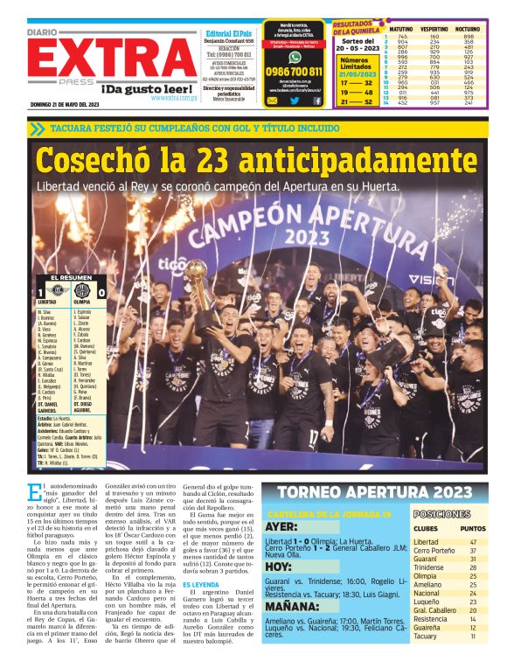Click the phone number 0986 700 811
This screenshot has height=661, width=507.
[294, 72]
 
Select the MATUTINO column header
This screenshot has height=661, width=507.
[401, 29]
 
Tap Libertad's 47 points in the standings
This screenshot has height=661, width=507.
[473, 543]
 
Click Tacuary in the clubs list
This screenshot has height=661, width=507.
[427, 637]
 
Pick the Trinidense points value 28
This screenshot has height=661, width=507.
[473, 567]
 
